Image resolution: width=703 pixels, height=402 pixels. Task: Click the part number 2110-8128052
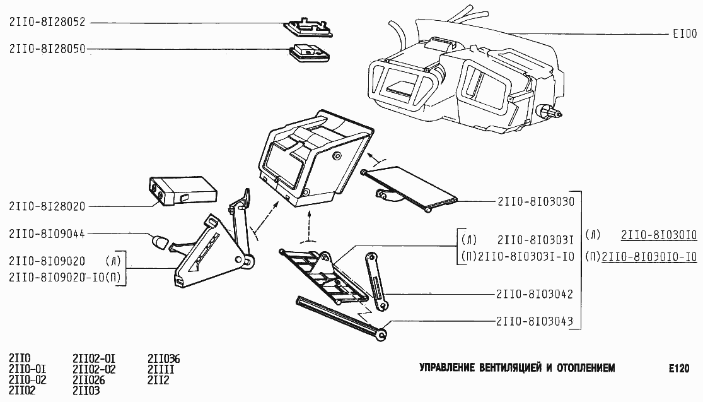point(47,22)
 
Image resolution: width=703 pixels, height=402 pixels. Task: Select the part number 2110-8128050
point(47,49)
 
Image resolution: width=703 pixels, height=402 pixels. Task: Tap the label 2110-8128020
point(47,206)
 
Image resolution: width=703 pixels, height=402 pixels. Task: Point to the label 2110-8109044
point(47,234)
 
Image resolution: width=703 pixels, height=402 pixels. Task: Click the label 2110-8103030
point(536,201)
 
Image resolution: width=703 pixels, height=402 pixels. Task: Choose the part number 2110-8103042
point(535,294)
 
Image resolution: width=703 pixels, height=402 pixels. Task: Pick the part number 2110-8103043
point(535,321)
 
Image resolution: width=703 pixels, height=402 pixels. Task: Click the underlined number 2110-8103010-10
point(649,257)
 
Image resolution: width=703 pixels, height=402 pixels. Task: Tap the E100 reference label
point(685,33)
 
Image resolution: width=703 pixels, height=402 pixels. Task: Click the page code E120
point(679,369)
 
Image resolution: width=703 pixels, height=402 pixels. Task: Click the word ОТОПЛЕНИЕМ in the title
point(586,368)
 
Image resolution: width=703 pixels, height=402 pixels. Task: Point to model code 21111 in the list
point(161,370)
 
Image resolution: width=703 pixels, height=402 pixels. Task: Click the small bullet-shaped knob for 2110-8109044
point(159,241)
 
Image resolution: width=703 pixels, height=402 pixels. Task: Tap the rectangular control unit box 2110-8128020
point(182,191)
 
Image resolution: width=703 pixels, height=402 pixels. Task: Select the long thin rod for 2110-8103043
point(341,318)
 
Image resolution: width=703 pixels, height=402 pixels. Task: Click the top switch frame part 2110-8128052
point(308,27)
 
